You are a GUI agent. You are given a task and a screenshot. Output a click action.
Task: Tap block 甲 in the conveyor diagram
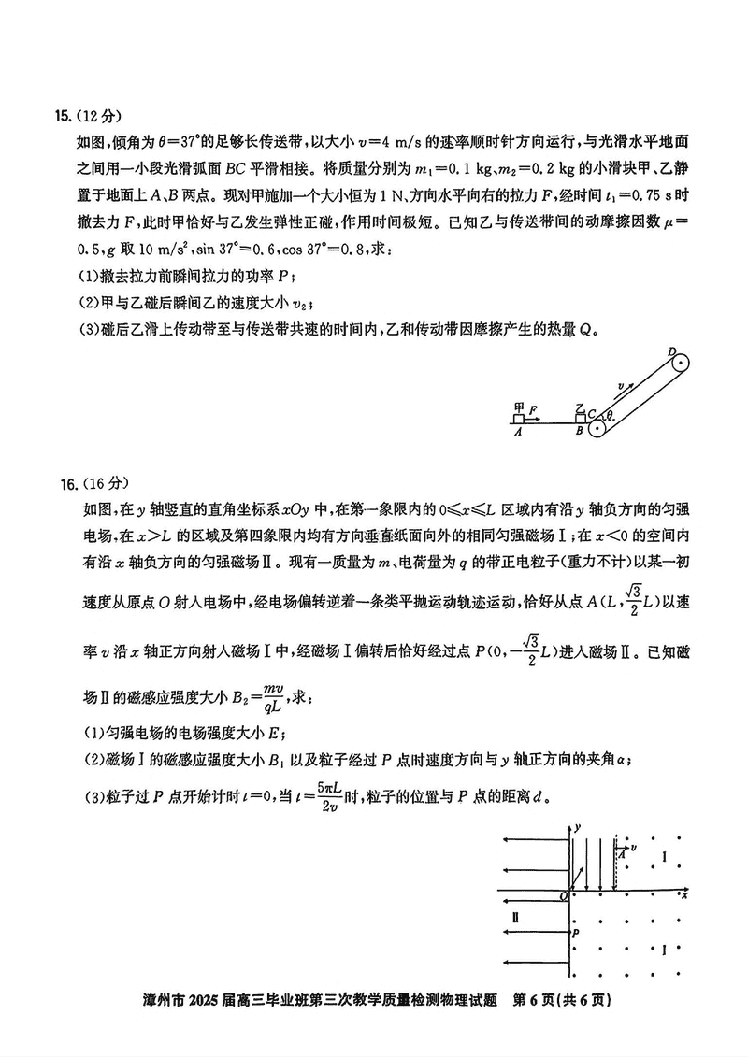[x=519, y=418]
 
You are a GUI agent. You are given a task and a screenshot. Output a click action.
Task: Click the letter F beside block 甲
[x=533, y=409]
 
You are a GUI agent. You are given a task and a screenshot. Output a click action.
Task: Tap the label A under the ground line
[x=517, y=433]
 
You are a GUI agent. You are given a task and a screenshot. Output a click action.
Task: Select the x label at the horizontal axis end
[x=685, y=894]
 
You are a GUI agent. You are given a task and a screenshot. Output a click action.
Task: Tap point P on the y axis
[x=576, y=933]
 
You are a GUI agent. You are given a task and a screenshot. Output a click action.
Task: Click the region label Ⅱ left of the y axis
[x=516, y=920]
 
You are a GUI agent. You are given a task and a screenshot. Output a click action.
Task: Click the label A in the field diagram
[x=621, y=854]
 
